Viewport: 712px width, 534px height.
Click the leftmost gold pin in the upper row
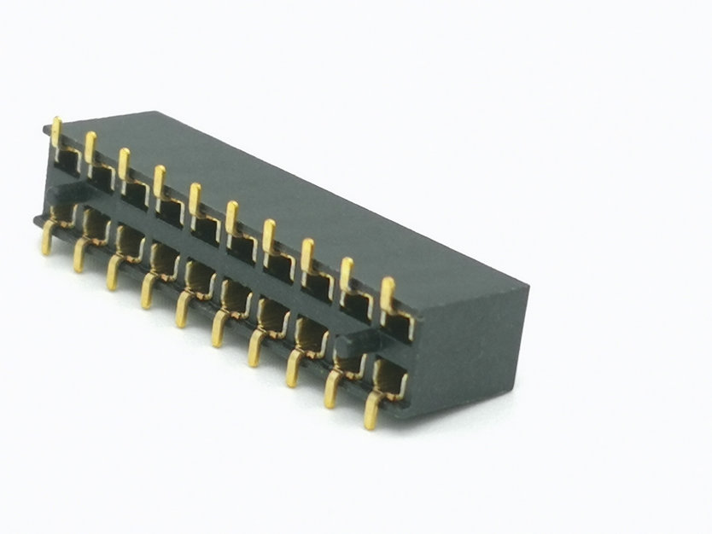(55, 131)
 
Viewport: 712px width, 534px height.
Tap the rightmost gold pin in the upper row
(388, 294)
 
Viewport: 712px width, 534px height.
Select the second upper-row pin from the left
(90, 147)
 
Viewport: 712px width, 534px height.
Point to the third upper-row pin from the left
(124, 162)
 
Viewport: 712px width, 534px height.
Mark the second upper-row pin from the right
(347, 273)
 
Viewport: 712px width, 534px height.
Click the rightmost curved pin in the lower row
(371, 409)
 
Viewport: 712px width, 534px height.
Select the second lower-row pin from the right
(330, 388)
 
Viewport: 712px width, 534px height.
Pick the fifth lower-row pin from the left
(182, 309)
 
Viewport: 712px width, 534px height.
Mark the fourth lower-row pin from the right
(255, 348)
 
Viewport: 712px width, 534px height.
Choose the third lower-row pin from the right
(293, 367)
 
